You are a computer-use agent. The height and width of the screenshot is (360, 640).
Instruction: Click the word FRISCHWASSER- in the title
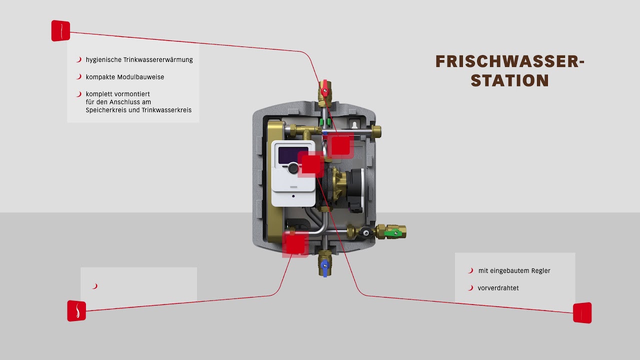coord(509,61)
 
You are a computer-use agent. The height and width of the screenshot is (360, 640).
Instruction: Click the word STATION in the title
coord(509,80)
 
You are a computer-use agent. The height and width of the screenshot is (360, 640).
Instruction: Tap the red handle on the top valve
coord(325,86)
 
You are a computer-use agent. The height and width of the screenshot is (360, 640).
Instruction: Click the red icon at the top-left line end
coord(60,30)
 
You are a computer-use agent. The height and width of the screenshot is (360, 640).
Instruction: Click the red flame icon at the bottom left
coord(76,310)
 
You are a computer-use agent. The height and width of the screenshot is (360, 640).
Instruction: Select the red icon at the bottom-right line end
coord(582,312)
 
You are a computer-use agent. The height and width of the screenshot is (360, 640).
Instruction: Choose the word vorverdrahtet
coord(498,288)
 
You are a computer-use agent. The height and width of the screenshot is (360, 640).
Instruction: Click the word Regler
coord(540,271)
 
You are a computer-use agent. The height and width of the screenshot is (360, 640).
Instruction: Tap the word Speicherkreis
coord(106,110)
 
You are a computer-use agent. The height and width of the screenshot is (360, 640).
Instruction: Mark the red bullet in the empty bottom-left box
coord(94,286)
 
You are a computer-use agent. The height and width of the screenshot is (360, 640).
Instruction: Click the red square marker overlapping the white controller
coord(310,164)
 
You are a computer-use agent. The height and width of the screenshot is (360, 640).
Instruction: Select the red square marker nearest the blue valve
coord(294,243)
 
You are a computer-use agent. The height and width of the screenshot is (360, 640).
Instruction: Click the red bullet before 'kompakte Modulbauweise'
coord(78,77)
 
